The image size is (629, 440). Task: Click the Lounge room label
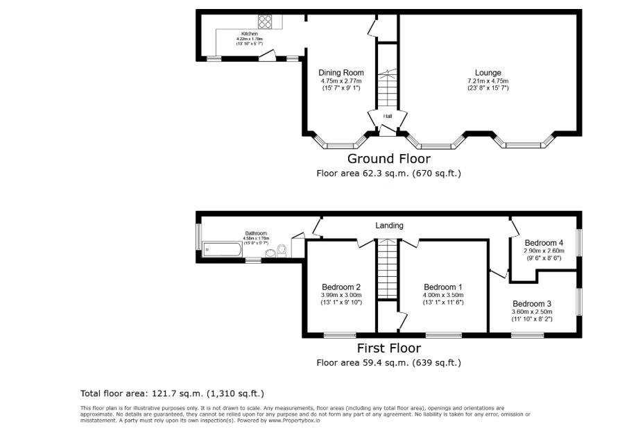tap(488, 73)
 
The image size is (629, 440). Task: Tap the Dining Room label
tap(341, 73)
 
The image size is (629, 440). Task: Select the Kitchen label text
tap(249, 34)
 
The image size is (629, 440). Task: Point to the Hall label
tap(388, 116)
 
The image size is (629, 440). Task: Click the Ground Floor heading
tap(388, 159)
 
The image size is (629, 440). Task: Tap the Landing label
tap(389, 226)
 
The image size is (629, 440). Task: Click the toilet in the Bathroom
tap(282, 250)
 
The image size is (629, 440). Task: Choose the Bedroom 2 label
tap(341, 287)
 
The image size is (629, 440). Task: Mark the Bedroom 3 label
tap(532, 304)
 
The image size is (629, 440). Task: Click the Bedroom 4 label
tap(544, 243)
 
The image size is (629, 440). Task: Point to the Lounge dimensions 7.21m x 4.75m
tap(488, 81)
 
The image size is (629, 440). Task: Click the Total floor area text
tap(172, 394)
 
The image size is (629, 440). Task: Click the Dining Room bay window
tap(340, 145)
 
